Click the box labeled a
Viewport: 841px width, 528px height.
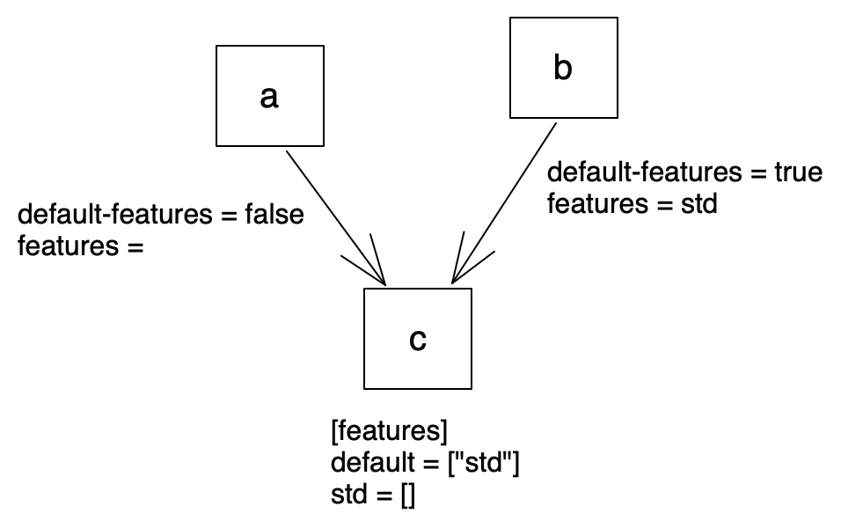click(269, 96)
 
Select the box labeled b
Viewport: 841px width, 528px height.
click(563, 68)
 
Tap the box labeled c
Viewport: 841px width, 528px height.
click(417, 339)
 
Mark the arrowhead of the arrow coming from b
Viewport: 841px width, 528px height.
click(454, 280)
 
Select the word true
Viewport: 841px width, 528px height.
click(797, 172)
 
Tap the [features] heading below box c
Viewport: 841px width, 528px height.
click(390, 433)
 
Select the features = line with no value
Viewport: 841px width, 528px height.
click(80, 246)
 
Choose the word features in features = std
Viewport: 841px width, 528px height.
click(599, 203)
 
